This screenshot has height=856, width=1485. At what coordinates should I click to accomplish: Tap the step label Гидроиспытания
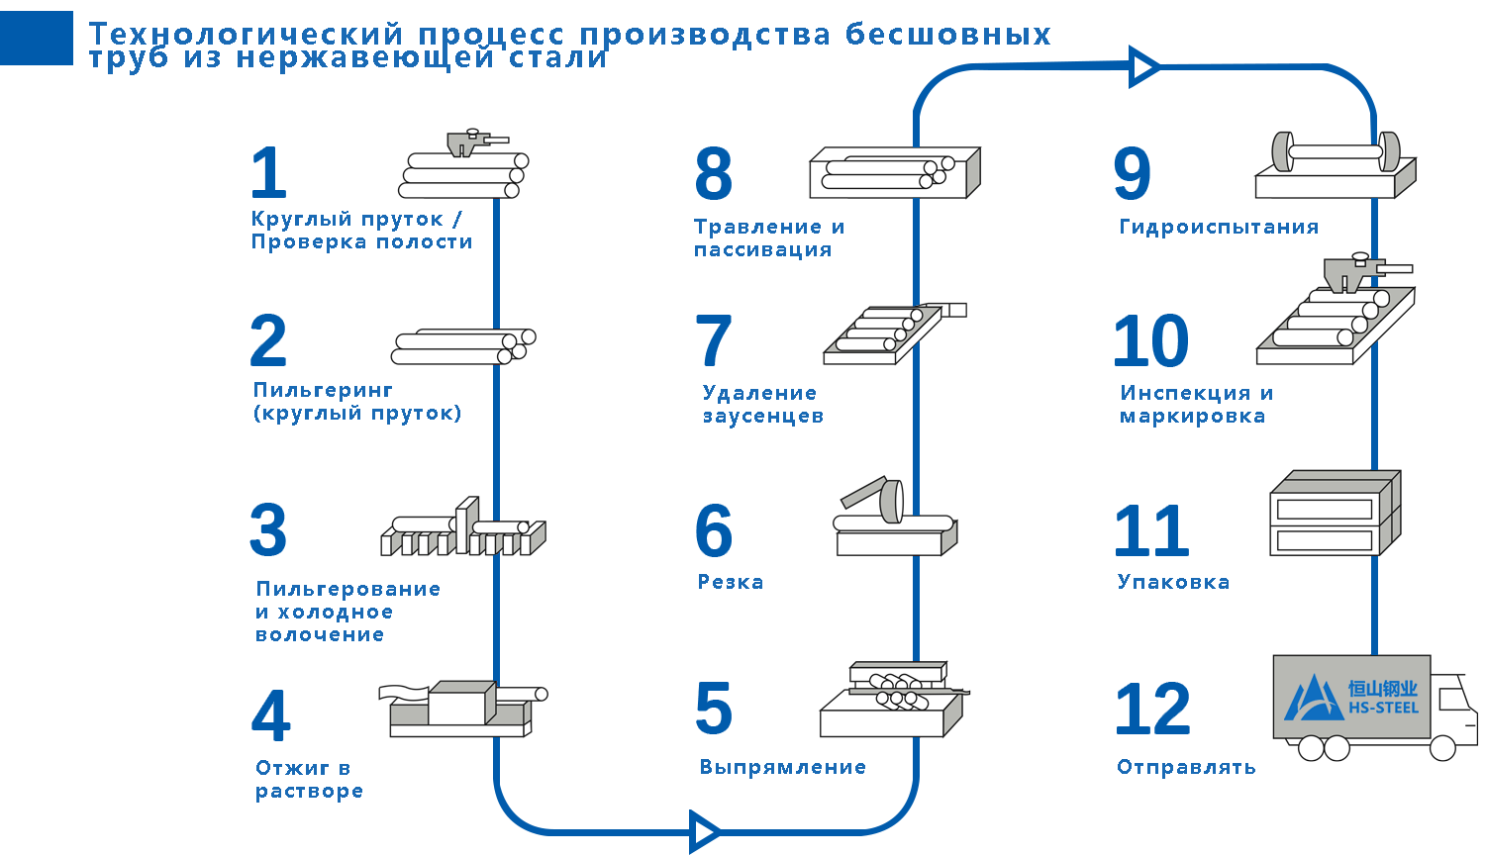pos(1219,227)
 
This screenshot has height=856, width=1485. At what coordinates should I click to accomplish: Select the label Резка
pos(731,582)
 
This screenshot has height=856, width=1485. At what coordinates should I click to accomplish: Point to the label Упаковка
pos(1173,582)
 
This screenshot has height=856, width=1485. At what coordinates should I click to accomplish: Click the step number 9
pos(1132,173)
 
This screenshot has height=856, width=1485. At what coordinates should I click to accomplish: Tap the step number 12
pos(1152,708)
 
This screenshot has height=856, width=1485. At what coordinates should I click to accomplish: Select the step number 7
pos(713,340)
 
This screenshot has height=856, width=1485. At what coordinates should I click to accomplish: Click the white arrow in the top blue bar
pos(1143,67)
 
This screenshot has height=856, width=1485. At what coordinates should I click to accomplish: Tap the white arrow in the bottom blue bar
pos(705,831)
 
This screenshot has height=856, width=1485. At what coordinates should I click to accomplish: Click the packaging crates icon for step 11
pos(1334,513)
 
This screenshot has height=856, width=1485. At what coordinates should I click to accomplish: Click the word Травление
pos(757,227)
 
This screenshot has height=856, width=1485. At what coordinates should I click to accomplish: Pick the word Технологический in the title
pos(247,34)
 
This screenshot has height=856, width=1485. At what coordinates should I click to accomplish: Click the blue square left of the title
pos(37,39)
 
